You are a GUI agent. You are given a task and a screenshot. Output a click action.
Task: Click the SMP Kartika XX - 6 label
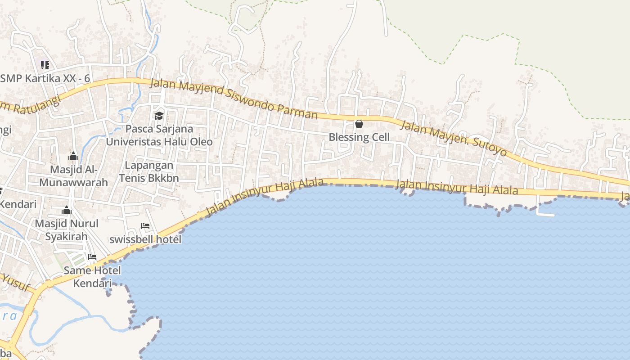pos(45,78)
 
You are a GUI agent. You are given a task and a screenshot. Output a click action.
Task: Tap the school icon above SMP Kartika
pos(45,65)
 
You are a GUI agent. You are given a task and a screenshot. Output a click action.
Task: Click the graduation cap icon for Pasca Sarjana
pos(159,116)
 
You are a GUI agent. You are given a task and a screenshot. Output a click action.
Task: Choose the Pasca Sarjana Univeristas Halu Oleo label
pos(159,135)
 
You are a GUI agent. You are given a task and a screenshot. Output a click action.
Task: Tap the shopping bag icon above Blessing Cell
pos(359,124)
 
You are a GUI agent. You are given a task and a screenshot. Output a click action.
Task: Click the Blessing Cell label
pos(359,137)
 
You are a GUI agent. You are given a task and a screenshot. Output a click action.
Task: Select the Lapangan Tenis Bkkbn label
pos(149,171)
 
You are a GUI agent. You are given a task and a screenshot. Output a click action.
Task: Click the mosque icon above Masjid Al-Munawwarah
pos(73,157)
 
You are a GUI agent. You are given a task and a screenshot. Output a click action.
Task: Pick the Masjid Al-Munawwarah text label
pos(73,176)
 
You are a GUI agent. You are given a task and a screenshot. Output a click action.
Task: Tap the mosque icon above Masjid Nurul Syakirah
pos(67,211)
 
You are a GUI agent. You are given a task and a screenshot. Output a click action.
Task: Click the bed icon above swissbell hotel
pos(145,226)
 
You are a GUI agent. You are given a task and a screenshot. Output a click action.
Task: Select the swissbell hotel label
pos(145,239)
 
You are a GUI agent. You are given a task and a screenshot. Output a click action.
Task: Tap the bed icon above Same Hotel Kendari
pos(92,257)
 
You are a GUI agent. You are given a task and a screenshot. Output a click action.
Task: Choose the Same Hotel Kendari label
pos(92,277)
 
